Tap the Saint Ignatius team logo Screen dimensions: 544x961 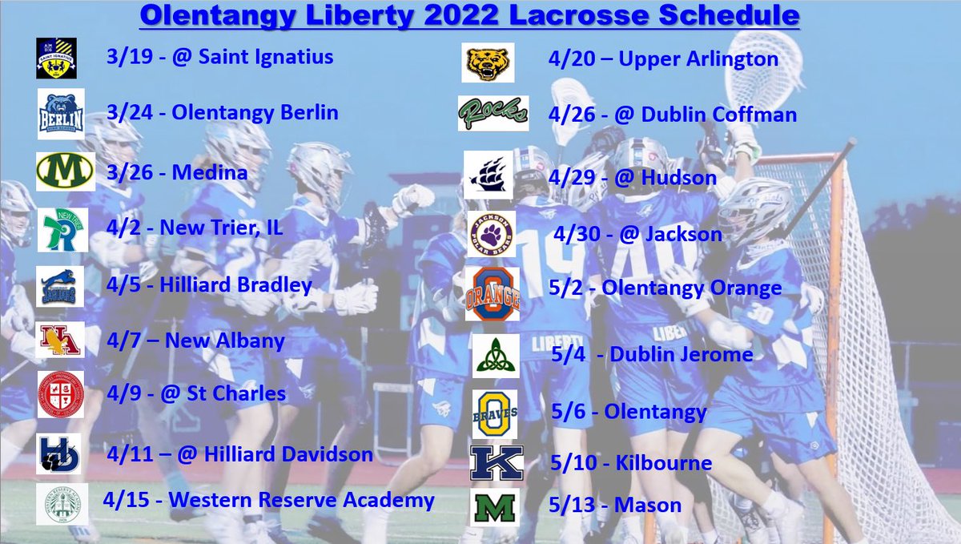pos(56,58)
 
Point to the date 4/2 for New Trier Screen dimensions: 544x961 pos(123,228)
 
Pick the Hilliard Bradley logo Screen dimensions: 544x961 pos(60,287)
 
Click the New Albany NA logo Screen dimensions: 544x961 pos(58,340)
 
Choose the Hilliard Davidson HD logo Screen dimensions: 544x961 pos(58,453)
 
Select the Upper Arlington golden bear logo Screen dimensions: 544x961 pos(488,62)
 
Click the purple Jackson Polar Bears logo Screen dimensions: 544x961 pos(491,234)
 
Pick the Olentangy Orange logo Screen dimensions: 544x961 pos(492,294)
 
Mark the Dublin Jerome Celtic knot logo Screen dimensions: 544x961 pos(494,356)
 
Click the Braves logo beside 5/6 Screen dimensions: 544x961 pos(494,413)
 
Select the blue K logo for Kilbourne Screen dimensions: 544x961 pos(497,463)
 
